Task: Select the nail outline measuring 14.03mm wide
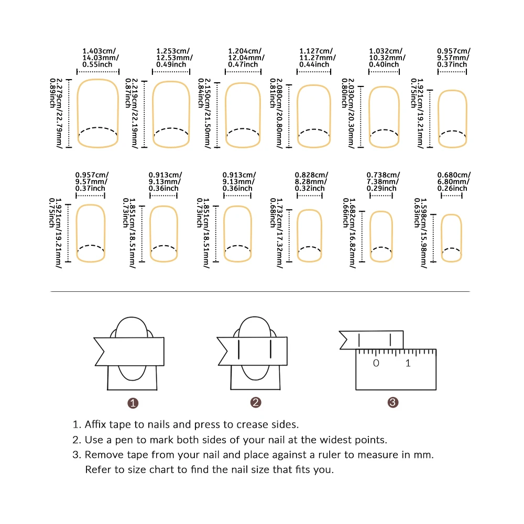click(x=98, y=113)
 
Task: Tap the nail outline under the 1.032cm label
click(x=386, y=117)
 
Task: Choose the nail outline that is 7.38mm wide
click(x=381, y=235)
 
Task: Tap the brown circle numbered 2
click(x=256, y=402)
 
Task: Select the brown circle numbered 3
click(x=393, y=402)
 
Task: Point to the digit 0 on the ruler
click(x=375, y=363)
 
